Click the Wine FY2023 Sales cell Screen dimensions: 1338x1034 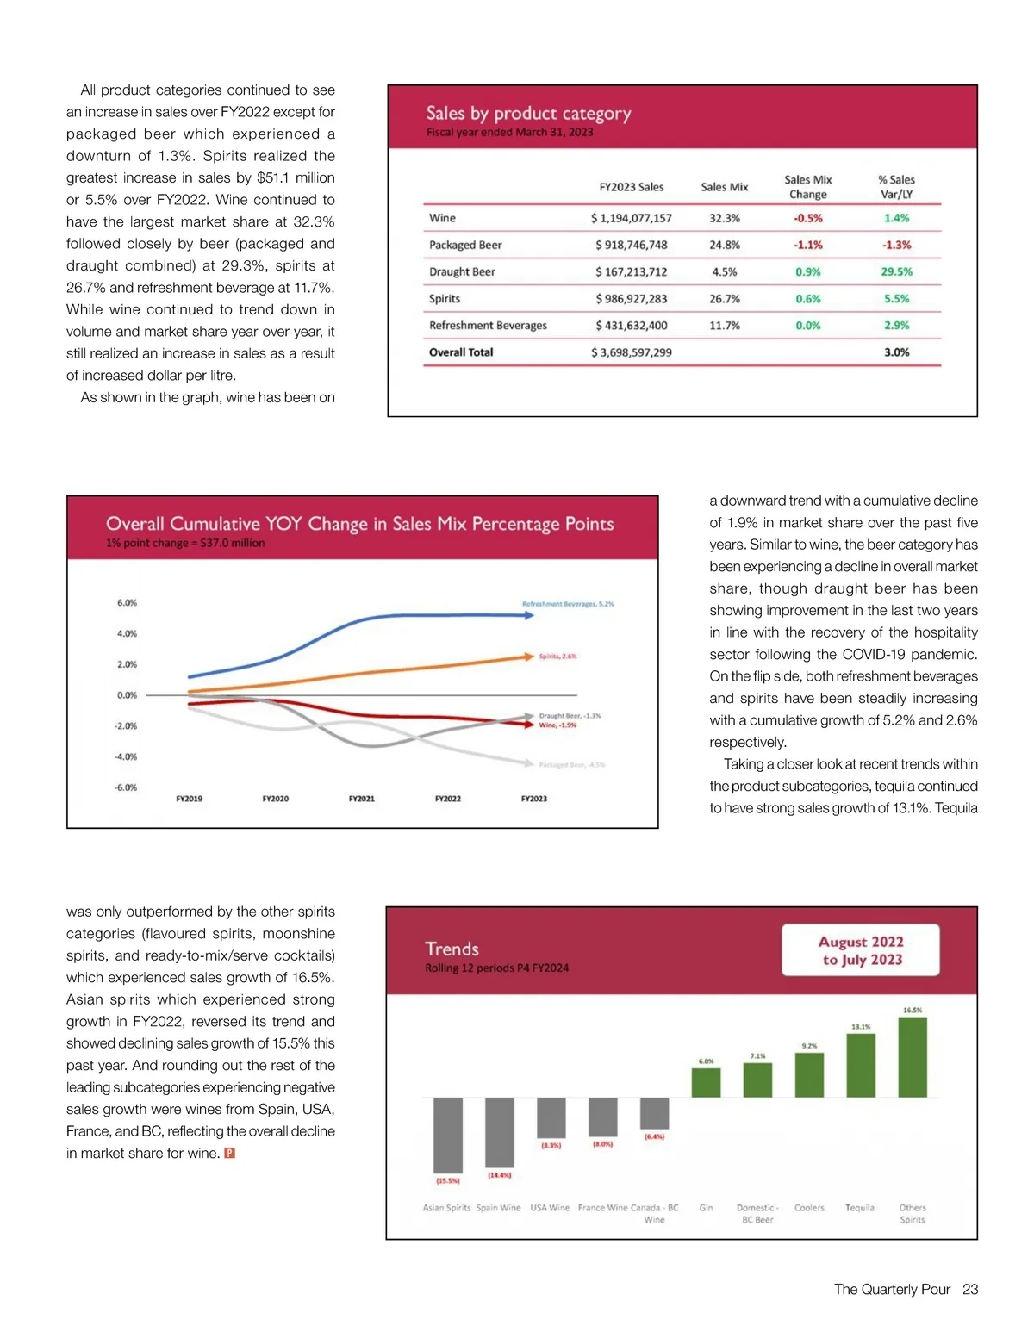(631, 218)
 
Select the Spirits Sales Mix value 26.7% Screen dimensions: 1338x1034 (724, 299)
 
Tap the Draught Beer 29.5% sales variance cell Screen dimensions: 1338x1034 (896, 271)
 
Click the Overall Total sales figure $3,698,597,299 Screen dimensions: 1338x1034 (631, 352)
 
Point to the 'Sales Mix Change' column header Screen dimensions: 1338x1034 (807, 187)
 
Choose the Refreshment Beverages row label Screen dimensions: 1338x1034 (488, 326)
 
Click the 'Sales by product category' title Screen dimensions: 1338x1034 (528, 114)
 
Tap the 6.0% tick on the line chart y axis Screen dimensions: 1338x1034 (127, 603)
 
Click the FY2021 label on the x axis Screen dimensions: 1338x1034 (361, 799)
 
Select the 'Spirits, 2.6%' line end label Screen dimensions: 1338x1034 (557, 657)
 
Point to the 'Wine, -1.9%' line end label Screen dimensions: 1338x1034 (557, 725)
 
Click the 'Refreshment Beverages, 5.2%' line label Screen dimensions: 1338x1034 (568, 604)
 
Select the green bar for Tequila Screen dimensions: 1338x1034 (860, 1065)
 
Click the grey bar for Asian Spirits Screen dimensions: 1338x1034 (447, 1135)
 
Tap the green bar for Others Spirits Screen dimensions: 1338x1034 (913, 1057)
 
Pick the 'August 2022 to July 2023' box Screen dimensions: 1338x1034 (860, 950)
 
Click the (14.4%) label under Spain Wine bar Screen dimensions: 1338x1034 (499, 1175)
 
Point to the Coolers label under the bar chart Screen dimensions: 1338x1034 (809, 1208)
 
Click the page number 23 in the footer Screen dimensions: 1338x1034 (970, 1290)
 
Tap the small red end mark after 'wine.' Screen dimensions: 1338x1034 (229, 1154)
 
